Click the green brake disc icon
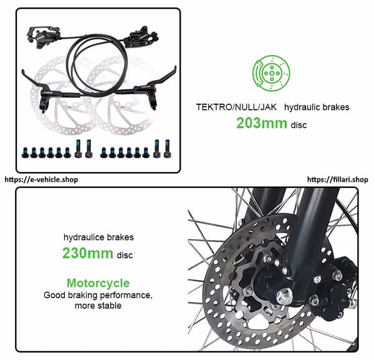pyautogui.click(x=271, y=73)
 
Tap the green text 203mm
pyautogui.click(x=262, y=123)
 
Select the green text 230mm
pyautogui.click(x=87, y=253)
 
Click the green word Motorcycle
pyautogui.click(x=98, y=283)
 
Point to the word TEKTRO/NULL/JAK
pyautogui.click(x=236, y=107)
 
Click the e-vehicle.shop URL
pyautogui.click(x=41, y=180)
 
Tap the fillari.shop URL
pyautogui.click(x=337, y=180)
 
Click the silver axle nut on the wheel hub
pyautogui.click(x=285, y=296)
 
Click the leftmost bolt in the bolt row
pyautogui.click(x=25, y=153)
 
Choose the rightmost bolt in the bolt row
pyautogui.click(x=167, y=148)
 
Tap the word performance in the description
pyautogui.click(x=126, y=296)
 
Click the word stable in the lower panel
pyautogui.click(x=109, y=306)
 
